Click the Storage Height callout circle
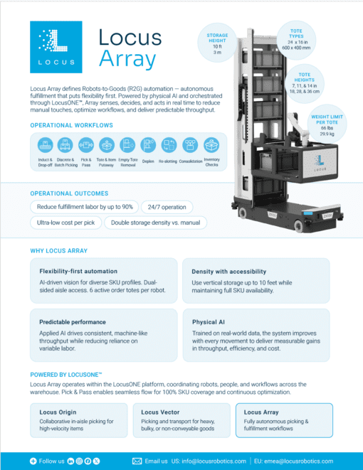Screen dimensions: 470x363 pyautogui.click(x=218, y=43)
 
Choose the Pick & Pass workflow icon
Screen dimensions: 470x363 pyautogui.click(x=86, y=144)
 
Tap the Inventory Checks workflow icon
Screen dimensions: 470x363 pyautogui.click(x=211, y=144)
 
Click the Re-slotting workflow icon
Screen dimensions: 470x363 pyautogui.click(x=169, y=144)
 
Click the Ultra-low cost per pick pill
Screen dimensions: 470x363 pyautogui.click(x=66, y=223)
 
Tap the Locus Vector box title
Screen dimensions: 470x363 pyautogui.click(x=159, y=412)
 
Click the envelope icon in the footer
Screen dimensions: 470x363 pyautogui.click(x=137, y=461)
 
